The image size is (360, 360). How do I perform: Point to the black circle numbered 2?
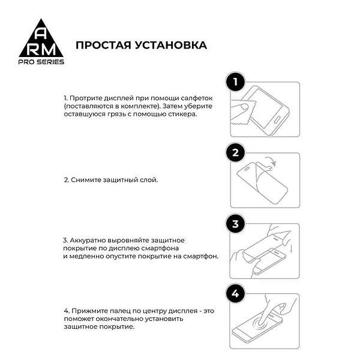[x=236, y=153]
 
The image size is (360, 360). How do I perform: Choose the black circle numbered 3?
[x=236, y=224]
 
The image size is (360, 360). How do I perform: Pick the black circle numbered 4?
[x=236, y=294]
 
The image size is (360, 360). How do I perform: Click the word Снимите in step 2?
[x=86, y=179]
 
